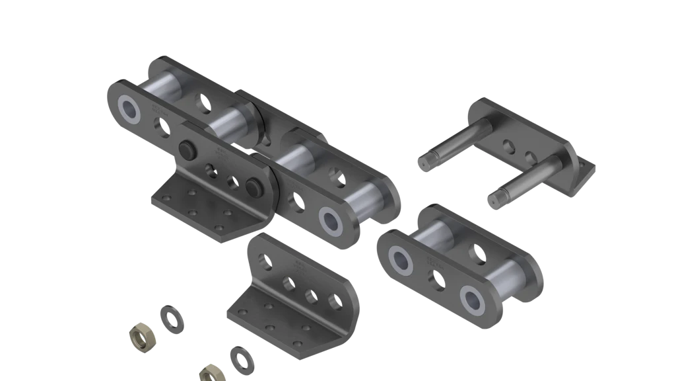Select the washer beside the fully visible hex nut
point(172,317)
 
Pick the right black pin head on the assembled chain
point(252,187)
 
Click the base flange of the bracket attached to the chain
point(198,205)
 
